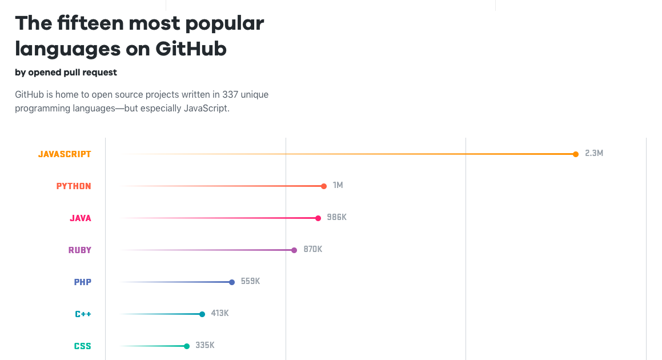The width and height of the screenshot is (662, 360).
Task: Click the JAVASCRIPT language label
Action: tap(65, 154)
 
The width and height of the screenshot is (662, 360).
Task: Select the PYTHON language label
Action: tap(74, 186)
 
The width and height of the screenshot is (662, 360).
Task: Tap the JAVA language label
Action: tap(81, 218)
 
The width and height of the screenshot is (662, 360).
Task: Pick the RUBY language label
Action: tap(79, 250)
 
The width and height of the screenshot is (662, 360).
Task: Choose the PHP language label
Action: tap(82, 282)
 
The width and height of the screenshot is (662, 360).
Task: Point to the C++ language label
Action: tap(83, 314)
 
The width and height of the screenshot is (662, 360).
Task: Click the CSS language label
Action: tap(82, 346)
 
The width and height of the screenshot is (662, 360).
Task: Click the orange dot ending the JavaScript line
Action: tap(575, 154)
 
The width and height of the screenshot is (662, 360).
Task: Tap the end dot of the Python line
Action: tap(324, 186)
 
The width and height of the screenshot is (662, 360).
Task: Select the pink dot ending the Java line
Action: tap(318, 218)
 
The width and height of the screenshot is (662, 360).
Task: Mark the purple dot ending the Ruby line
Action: tap(294, 250)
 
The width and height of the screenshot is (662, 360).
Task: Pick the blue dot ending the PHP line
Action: tap(232, 282)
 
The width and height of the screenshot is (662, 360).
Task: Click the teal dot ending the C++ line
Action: tap(202, 314)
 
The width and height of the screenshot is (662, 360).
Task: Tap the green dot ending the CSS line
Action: tap(187, 346)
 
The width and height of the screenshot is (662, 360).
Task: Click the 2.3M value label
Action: tap(594, 154)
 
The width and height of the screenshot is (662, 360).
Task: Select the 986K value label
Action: tap(336, 218)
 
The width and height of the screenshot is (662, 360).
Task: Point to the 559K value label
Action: tap(250, 282)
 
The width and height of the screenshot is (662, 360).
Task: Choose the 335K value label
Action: tap(205, 346)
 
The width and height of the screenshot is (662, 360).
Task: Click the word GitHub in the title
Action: tap(191, 49)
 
